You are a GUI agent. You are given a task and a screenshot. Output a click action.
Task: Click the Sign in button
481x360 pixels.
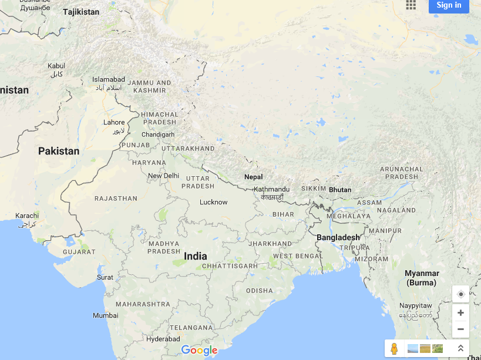point(449,5)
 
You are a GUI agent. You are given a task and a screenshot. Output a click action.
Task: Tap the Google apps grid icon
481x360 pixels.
point(411,5)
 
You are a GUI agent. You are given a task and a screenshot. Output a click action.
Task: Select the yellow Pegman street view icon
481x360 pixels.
point(394,348)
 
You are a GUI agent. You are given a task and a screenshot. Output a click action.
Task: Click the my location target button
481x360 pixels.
point(460,294)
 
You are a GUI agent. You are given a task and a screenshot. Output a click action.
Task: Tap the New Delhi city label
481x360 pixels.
point(163,176)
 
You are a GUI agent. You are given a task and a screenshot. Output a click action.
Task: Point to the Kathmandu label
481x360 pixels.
point(271,189)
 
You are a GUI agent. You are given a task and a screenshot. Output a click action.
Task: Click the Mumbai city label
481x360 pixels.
point(105,315)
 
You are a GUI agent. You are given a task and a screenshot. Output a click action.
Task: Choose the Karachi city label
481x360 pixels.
point(27,216)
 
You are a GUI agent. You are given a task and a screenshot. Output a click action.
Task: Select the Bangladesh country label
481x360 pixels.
point(338,237)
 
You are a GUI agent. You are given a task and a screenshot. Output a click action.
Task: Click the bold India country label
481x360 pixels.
point(196,256)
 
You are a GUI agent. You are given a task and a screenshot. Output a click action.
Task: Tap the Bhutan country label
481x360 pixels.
point(340,190)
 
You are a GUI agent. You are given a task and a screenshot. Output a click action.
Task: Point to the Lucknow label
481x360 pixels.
point(213,202)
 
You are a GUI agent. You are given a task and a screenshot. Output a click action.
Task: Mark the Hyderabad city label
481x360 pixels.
point(163,339)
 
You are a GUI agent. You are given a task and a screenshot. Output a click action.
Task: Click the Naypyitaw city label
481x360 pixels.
point(415,306)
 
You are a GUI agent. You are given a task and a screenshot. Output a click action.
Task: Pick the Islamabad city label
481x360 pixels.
point(109,79)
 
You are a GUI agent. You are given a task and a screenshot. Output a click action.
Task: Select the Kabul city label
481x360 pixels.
point(56,66)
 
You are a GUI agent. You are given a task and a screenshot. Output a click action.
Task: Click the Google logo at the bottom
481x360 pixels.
point(199,351)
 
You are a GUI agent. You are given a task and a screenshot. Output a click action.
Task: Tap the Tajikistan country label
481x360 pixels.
point(81,12)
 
